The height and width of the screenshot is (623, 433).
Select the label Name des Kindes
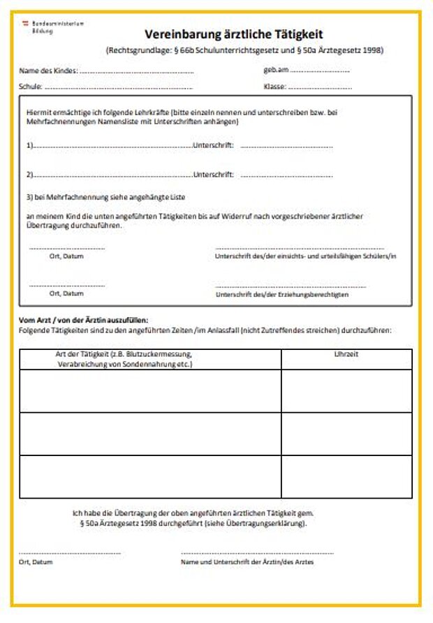[x=47, y=71]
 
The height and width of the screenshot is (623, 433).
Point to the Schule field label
[x=31, y=87]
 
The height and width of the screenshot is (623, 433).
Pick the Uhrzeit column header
[x=346, y=355]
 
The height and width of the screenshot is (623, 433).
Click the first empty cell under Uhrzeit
[x=346, y=390]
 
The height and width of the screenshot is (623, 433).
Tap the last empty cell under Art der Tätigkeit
[x=150, y=476]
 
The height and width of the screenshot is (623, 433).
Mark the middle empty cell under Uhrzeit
[x=346, y=434]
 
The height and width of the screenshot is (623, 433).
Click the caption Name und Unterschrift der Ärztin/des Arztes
[x=247, y=562]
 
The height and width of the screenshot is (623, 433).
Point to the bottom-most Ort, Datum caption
[x=36, y=562]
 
